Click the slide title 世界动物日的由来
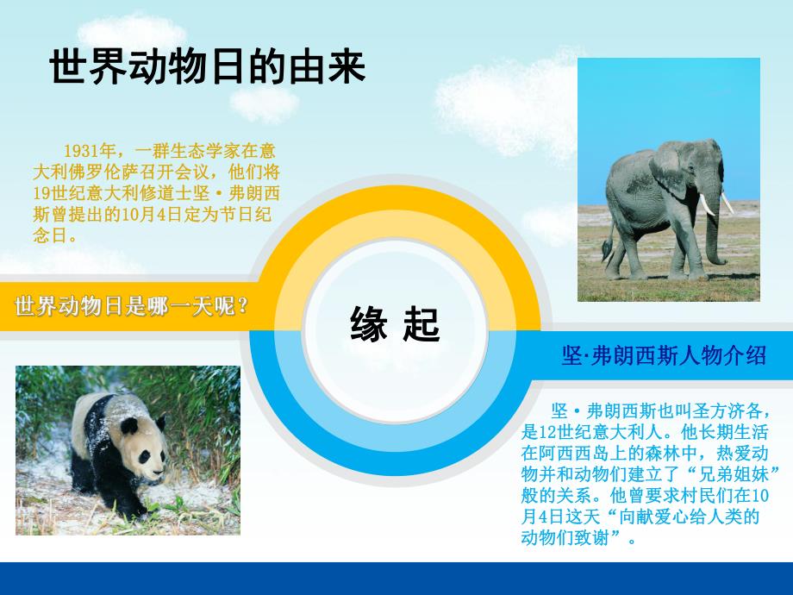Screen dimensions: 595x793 (208, 68)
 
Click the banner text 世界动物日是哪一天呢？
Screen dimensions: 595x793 (132, 305)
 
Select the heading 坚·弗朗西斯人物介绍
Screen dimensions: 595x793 (664, 355)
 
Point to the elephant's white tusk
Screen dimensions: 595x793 (707, 205)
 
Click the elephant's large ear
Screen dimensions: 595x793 (671, 168)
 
